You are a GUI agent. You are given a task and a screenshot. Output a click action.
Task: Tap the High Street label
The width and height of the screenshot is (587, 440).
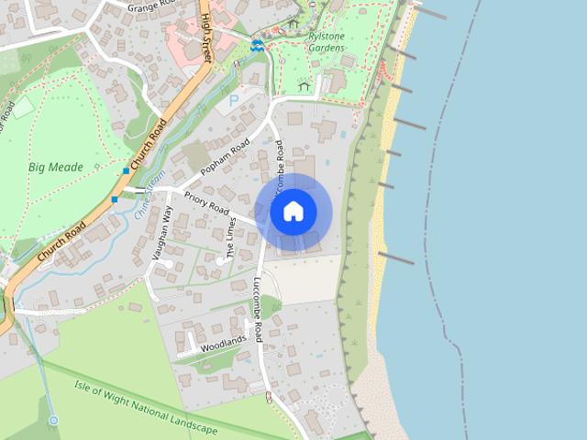coord(207,38)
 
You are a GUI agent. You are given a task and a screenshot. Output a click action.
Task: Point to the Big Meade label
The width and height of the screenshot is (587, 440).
coord(55,168)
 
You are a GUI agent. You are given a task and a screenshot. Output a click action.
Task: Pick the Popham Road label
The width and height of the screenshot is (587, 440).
coord(227,157)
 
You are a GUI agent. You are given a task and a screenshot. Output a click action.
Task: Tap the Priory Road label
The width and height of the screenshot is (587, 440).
coord(205,203)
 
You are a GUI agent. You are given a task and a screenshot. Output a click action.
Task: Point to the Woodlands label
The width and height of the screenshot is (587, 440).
coord(224,343)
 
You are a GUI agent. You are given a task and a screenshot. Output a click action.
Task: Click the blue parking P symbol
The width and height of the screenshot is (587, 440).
coord(233,99)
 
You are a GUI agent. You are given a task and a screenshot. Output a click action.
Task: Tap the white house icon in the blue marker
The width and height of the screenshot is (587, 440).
coord(293,212)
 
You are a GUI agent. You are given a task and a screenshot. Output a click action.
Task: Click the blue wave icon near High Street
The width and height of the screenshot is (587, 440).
coord(258,44)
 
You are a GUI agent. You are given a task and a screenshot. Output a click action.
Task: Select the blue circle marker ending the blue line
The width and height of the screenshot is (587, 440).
coord(53,420)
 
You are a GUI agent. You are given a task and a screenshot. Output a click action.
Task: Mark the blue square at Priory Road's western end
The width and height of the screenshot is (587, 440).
coord(115,199)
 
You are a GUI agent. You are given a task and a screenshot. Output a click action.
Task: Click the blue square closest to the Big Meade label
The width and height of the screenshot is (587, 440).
coord(126,171)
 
